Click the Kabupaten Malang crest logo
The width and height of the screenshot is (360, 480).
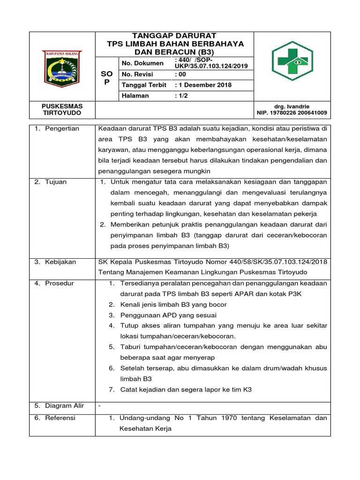pos(62,67)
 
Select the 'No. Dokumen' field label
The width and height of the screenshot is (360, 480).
pos(142,63)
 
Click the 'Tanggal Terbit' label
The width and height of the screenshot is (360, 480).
pos(144,85)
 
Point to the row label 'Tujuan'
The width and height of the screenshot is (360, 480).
pos(56,182)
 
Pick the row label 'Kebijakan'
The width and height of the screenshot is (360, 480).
pos(60,262)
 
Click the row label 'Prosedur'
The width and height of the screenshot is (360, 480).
pos(60,283)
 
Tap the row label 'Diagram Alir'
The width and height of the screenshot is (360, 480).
pos(64,405)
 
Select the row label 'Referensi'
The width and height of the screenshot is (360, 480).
pos(60,418)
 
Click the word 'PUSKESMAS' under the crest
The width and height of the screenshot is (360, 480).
pos(62,107)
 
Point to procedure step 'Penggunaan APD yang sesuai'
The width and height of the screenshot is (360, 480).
pos(168,315)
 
